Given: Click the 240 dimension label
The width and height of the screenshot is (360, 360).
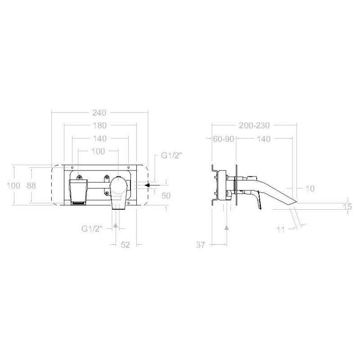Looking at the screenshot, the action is pyautogui.click(x=99, y=113).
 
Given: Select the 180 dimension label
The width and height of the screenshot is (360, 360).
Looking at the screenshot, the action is pyautogui.click(x=100, y=126).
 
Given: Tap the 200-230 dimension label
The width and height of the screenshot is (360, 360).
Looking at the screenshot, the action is pyautogui.click(x=254, y=126).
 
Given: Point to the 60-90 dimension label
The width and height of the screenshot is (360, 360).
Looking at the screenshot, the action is pyautogui.click(x=223, y=139).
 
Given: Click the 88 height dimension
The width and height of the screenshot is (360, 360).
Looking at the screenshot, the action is pyautogui.click(x=31, y=185).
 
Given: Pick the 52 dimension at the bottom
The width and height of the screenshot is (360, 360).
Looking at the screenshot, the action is pyautogui.click(x=126, y=245).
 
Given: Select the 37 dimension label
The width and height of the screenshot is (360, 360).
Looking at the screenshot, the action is pyautogui.click(x=200, y=245).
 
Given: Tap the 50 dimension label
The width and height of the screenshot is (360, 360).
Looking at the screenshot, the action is pyautogui.click(x=166, y=196).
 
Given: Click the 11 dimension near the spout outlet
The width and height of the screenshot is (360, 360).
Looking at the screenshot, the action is pyautogui.click(x=280, y=229).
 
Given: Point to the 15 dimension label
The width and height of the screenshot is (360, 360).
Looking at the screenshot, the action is pyautogui.click(x=347, y=207).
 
